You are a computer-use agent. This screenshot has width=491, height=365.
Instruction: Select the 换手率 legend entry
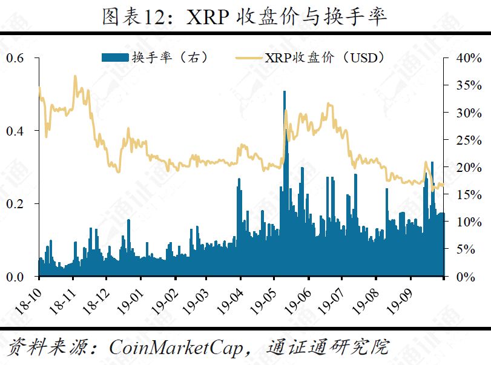(x=154, y=58)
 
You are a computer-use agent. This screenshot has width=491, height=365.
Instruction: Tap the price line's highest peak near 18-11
(x=75, y=76)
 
